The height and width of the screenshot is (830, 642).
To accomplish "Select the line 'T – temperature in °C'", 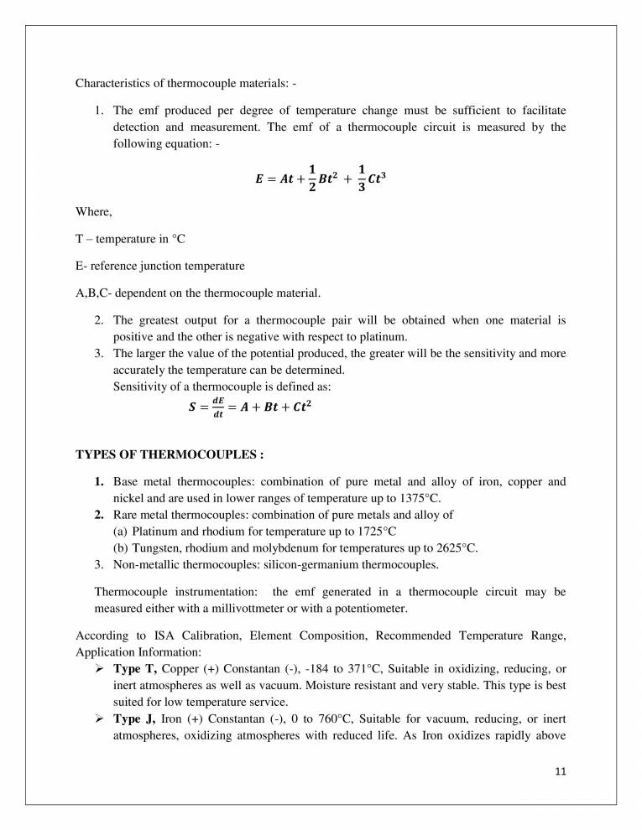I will [130, 239].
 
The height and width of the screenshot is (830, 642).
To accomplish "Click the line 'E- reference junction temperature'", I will [160, 266].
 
